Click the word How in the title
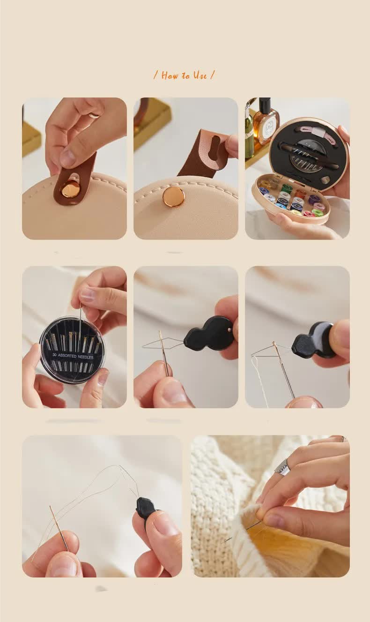tap(170, 75)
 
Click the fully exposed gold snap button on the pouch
tap(174, 196)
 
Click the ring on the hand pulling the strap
tap(94, 115)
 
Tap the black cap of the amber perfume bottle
tap(265, 105)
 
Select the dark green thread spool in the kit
tap(287, 188)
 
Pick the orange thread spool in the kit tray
tap(300, 193)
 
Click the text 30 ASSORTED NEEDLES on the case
tap(73, 357)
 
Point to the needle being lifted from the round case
tap(80, 323)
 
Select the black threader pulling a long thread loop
tap(145, 508)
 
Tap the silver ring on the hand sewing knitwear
tap(282, 467)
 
